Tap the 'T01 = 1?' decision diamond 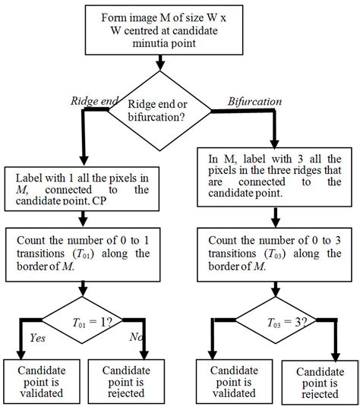tap(84, 321)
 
